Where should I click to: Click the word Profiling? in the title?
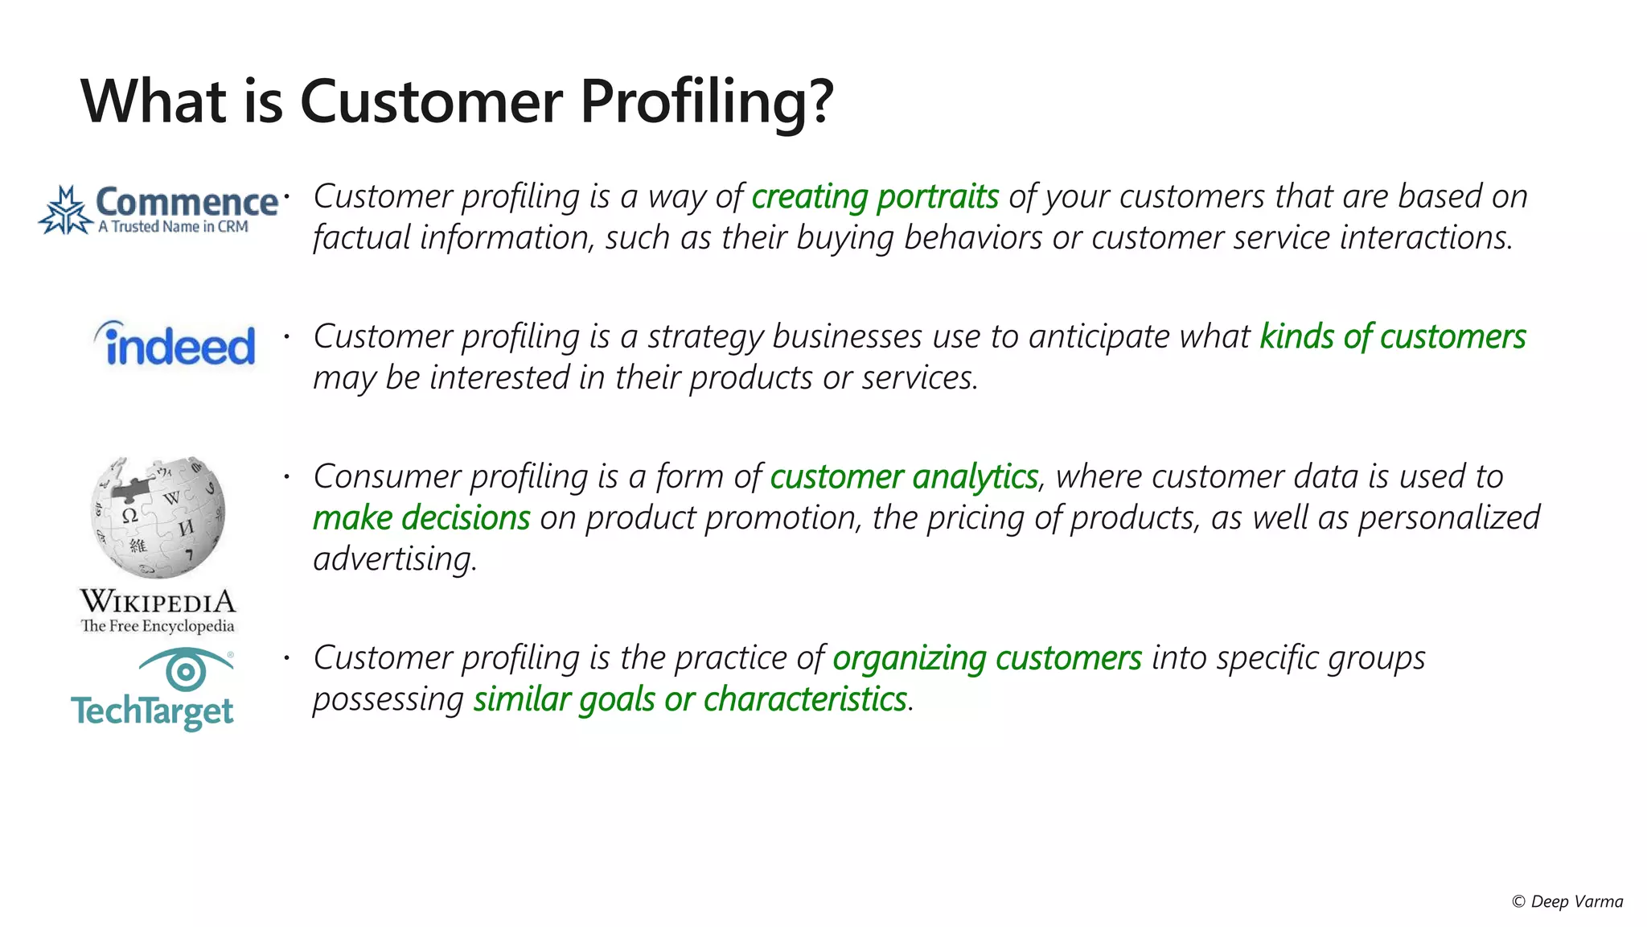tap(706, 102)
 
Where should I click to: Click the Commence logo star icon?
tap(66, 211)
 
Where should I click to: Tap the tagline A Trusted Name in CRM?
tap(173, 227)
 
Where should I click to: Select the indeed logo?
tap(175, 344)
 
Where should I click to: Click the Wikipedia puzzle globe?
tap(158, 517)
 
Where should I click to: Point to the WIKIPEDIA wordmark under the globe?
tap(158, 602)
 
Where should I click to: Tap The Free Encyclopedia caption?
tap(158, 626)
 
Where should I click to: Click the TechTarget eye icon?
tap(186, 669)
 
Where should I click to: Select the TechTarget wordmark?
tap(152, 712)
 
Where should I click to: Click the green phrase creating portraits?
tap(875, 197)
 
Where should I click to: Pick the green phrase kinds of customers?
tap(1392, 337)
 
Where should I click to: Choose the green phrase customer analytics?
tap(904, 477)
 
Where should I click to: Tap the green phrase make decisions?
tap(421, 518)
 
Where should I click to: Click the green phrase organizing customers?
tap(987, 658)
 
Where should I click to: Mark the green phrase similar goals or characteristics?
tap(690, 699)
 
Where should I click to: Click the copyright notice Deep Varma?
tap(1568, 902)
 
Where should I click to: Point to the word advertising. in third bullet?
tap(395, 559)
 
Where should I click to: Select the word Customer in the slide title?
tap(431, 102)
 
